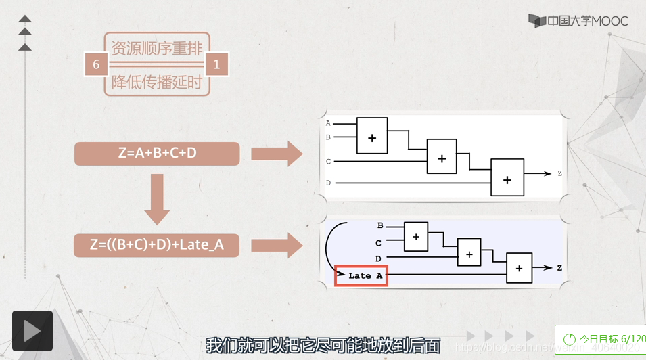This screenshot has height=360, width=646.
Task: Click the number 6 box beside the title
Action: [96, 64]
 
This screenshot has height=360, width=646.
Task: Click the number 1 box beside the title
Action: [217, 64]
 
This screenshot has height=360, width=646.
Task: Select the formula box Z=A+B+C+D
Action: [157, 154]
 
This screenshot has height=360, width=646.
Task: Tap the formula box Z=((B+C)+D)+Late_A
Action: [157, 245]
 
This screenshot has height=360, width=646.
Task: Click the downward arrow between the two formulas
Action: [157, 198]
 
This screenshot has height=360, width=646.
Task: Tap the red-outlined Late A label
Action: [361, 275]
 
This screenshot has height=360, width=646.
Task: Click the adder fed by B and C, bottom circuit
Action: [416, 236]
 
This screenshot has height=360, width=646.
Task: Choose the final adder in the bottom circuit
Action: [519, 267]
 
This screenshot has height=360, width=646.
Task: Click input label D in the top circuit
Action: [329, 183]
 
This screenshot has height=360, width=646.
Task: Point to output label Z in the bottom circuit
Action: [559, 268]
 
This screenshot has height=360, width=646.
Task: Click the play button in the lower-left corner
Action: [32, 330]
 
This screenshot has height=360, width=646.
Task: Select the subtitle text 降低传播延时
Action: [157, 83]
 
